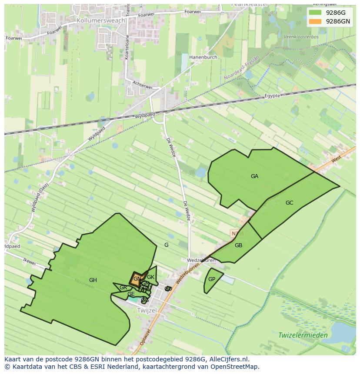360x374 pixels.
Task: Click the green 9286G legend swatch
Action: [x=315, y=13]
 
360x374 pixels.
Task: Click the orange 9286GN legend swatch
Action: [x=315, y=21]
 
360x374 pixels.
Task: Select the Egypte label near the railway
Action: [x=273, y=96]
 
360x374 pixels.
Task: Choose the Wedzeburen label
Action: [x=201, y=260]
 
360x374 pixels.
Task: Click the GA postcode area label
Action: [x=254, y=176]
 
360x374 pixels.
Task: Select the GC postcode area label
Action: [x=289, y=203]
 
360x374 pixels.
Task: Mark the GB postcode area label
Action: [x=238, y=245]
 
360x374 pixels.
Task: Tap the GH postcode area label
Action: [x=93, y=280]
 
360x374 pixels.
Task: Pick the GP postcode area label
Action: [x=212, y=279]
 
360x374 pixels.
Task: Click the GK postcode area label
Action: [x=150, y=277]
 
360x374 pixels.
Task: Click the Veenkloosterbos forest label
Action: [x=301, y=37]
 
